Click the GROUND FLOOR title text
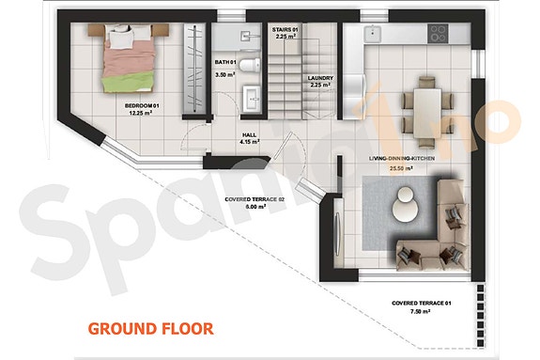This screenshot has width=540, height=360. point(150,328)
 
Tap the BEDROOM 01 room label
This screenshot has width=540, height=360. point(143,106)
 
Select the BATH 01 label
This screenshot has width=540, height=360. point(224,62)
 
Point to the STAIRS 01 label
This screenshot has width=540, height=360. point(285,30)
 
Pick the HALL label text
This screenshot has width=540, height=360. point(250,134)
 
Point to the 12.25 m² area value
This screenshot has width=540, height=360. point(142,115)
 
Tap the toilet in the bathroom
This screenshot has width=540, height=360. point(249,63)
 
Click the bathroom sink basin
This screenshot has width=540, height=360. point(251,96)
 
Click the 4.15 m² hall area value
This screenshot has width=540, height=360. point(250,143)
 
